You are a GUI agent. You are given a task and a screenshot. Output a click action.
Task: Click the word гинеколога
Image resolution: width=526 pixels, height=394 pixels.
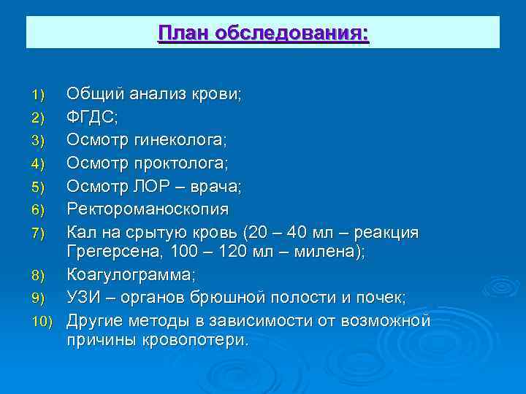169,140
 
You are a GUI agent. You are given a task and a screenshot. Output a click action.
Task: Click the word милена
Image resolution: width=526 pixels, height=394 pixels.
329,252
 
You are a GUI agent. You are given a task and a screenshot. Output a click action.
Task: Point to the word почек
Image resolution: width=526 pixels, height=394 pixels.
381,298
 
